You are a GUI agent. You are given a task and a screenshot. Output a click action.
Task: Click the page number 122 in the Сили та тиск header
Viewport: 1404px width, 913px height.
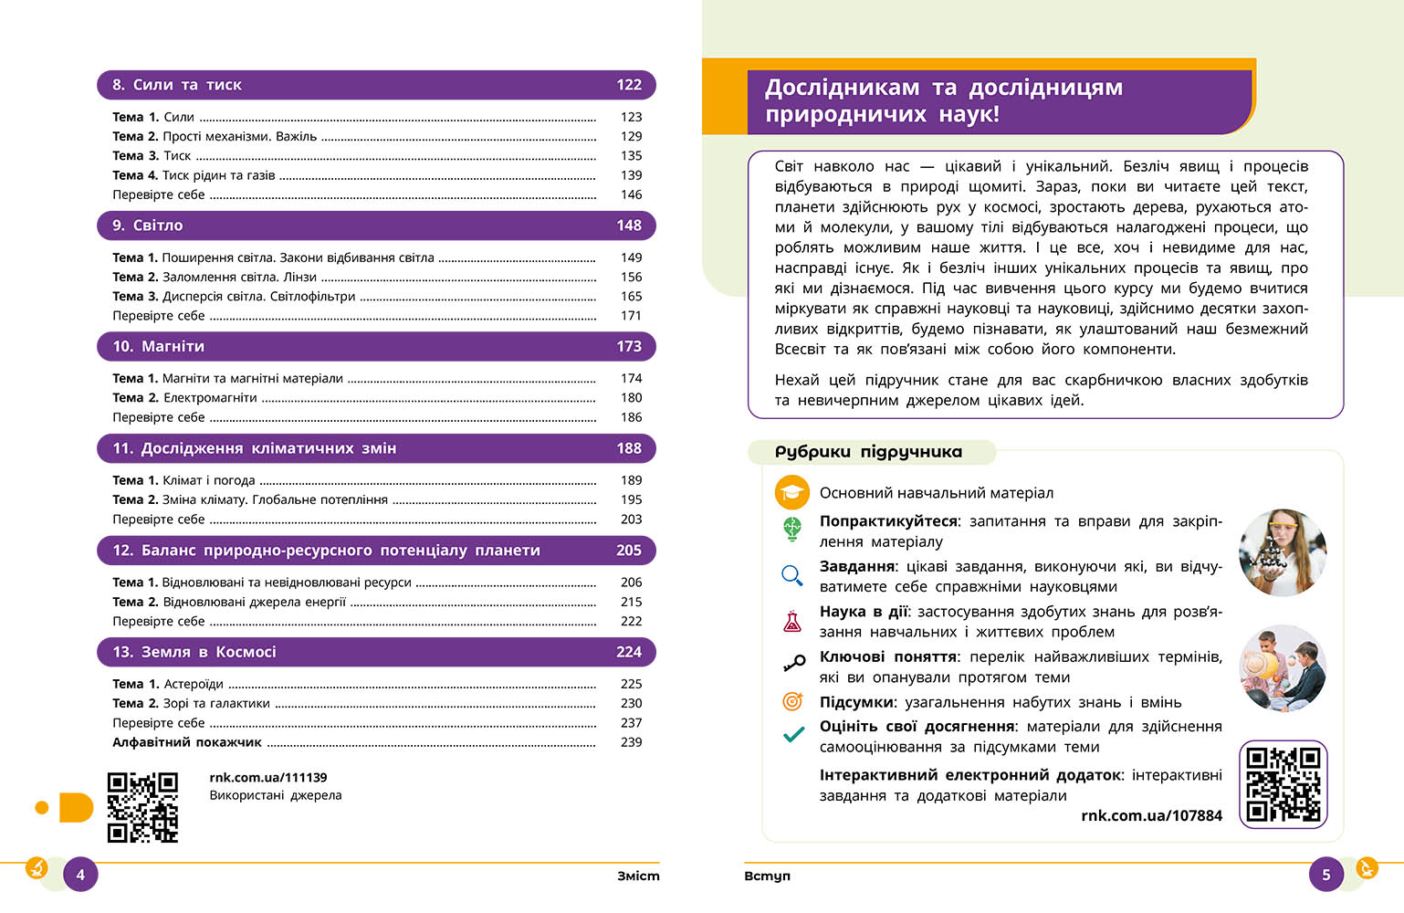[629, 85]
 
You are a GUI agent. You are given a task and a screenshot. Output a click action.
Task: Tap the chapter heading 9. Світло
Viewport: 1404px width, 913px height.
[148, 226]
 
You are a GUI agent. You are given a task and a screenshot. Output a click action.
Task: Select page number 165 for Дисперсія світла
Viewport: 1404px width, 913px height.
[631, 297]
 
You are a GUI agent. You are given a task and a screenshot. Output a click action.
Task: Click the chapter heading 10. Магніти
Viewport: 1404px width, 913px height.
[159, 347]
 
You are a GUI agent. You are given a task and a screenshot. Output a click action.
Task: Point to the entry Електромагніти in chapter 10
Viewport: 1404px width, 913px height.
[210, 398]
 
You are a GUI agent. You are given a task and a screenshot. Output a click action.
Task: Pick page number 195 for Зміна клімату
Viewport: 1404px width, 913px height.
[631, 500]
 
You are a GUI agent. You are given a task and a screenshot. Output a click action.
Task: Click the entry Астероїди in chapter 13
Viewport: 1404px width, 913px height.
[193, 684]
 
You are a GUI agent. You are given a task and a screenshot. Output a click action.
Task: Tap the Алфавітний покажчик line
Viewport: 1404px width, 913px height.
[187, 742]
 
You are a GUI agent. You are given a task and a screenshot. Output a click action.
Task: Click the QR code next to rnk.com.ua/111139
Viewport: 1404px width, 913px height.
[142, 807]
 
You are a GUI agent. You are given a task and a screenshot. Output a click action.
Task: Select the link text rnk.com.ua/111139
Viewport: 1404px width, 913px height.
[268, 778]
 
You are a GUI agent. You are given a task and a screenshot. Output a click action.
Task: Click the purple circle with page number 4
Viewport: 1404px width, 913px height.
[80, 875]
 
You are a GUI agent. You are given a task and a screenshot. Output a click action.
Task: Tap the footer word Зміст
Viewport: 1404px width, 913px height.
[638, 876]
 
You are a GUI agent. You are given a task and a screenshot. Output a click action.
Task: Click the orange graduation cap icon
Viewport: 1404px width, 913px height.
[792, 493]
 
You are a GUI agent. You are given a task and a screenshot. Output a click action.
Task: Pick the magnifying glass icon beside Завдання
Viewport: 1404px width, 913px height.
[792, 575]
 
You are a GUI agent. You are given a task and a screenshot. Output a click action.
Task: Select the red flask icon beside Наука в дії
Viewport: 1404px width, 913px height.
[792, 622]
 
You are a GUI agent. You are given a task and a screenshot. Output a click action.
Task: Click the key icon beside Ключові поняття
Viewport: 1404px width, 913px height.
[793, 664]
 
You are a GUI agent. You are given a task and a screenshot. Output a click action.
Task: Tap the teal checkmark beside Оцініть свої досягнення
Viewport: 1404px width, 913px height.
[793, 734]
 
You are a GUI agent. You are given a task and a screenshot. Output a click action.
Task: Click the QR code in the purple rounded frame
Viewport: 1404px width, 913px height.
[1283, 784]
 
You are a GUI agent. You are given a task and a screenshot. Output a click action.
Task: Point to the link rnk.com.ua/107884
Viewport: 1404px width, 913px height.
[1151, 816]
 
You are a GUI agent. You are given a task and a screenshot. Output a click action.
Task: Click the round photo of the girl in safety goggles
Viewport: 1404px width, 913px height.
[1282, 552]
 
